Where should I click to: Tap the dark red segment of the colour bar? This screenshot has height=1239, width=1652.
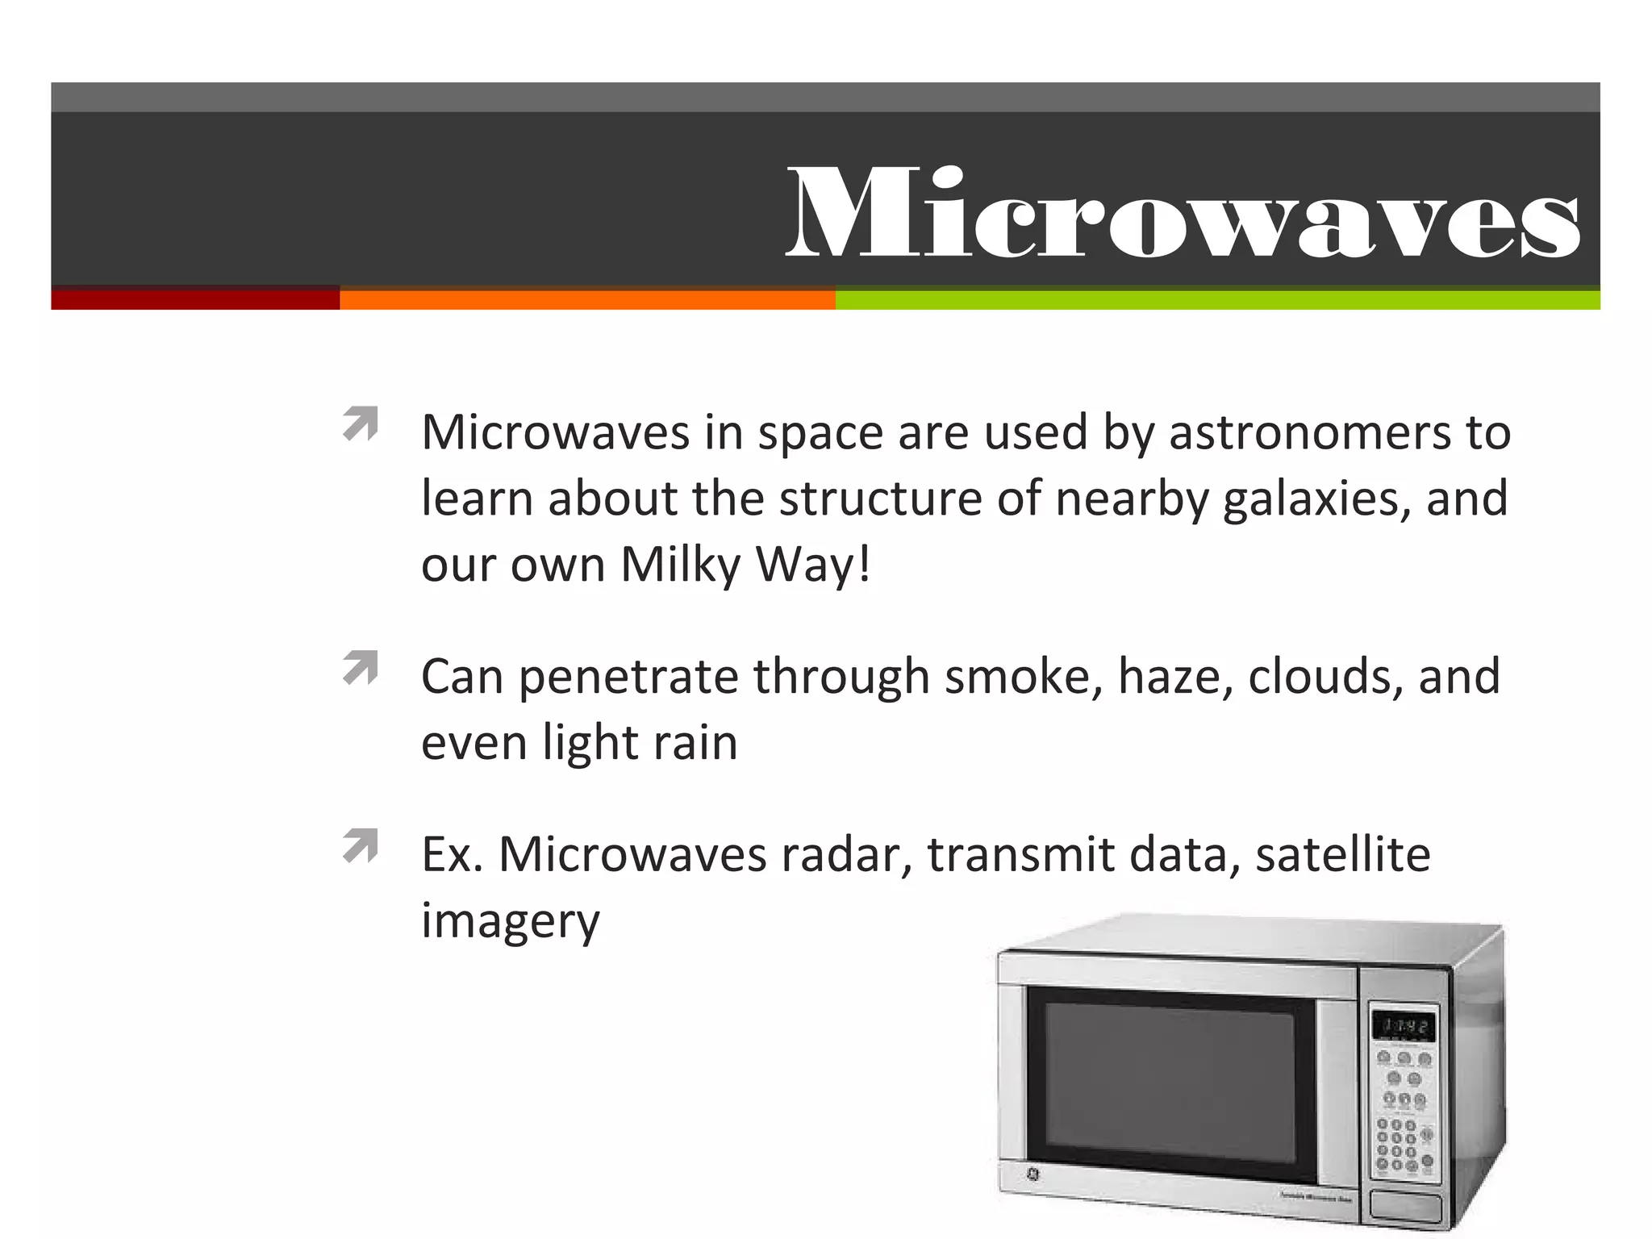click(x=195, y=299)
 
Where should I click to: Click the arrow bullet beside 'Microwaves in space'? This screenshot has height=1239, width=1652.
click(x=361, y=424)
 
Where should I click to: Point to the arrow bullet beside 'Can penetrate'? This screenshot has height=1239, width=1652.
click(x=361, y=668)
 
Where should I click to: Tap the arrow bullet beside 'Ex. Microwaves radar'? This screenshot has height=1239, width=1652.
click(x=361, y=846)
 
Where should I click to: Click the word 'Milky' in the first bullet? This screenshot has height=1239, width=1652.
click(x=680, y=565)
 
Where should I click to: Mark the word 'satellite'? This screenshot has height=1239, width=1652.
click(x=1343, y=855)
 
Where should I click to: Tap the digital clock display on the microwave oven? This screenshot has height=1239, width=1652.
click(x=1404, y=1027)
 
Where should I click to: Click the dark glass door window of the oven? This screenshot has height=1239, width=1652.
click(x=1169, y=1084)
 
